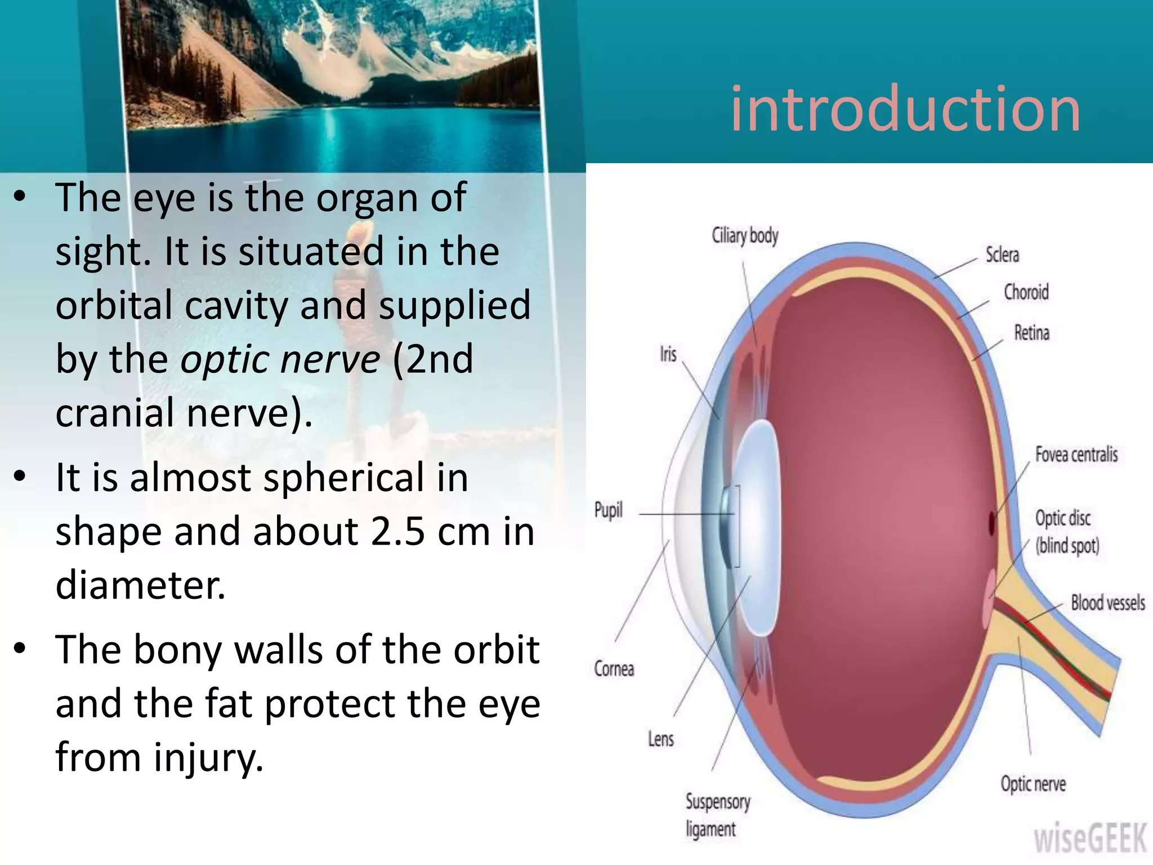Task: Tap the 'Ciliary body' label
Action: pyautogui.click(x=745, y=236)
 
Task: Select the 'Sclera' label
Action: pyautogui.click(x=1002, y=255)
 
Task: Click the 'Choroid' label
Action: pyautogui.click(x=1026, y=292)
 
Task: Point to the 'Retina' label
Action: pyautogui.click(x=1031, y=333)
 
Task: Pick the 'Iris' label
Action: pyautogui.click(x=668, y=354)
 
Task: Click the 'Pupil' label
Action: pyautogui.click(x=608, y=510)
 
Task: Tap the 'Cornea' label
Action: pyautogui.click(x=614, y=668)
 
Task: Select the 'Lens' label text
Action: pyautogui.click(x=660, y=738)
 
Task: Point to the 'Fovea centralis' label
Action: pyautogui.click(x=1076, y=454)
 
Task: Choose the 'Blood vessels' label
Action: pyautogui.click(x=1107, y=603)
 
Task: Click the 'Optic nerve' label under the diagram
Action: pyautogui.click(x=1033, y=783)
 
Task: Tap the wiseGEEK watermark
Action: pyautogui.click(x=1090, y=839)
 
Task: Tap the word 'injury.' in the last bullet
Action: pyautogui.click(x=208, y=757)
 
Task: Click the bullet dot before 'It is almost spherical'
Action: pyautogui.click(x=20, y=478)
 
